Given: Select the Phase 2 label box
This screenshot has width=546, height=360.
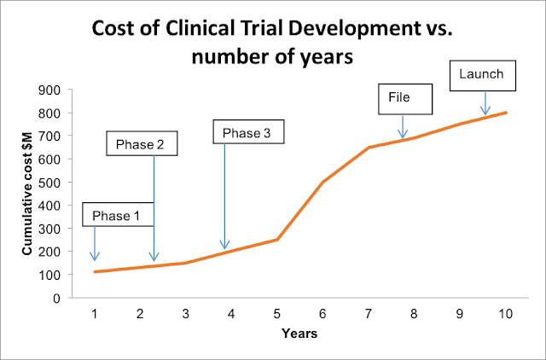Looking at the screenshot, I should pyautogui.click(x=141, y=144).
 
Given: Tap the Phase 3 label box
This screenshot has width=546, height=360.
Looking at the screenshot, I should pyautogui.click(x=247, y=132).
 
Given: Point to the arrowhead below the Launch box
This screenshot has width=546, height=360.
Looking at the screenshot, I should pyautogui.click(x=485, y=110).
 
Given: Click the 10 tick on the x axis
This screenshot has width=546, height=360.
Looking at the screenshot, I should pyautogui.click(x=505, y=314).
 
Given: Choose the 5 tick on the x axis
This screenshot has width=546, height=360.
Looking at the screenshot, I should pyautogui.click(x=277, y=314).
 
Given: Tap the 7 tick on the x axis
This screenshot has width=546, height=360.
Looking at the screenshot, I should pyautogui.click(x=369, y=314).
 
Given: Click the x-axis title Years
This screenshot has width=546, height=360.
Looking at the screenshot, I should pyautogui.click(x=299, y=334).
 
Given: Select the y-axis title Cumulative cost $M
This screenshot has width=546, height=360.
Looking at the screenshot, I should pyautogui.click(x=27, y=195).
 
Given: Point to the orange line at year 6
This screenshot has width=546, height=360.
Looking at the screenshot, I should pyautogui.click(x=323, y=182).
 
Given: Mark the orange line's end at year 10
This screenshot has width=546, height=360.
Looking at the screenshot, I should pyautogui.click(x=506, y=113).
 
